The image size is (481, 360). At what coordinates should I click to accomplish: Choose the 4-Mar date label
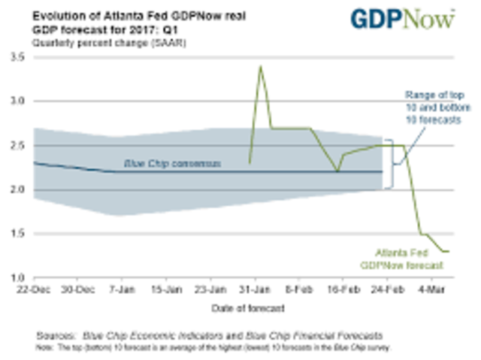pyautogui.click(x=429, y=289)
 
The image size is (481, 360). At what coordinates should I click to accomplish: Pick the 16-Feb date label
pyautogui.click(x=343, y=289)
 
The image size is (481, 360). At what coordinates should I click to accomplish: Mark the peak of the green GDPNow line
pyautogui.click(x=260, y=66)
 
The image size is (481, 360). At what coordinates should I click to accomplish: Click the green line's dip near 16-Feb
pyautogui.click(x=338, y=171)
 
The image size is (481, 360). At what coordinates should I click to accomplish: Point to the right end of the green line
pyautogui.click(x=449, y=251)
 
